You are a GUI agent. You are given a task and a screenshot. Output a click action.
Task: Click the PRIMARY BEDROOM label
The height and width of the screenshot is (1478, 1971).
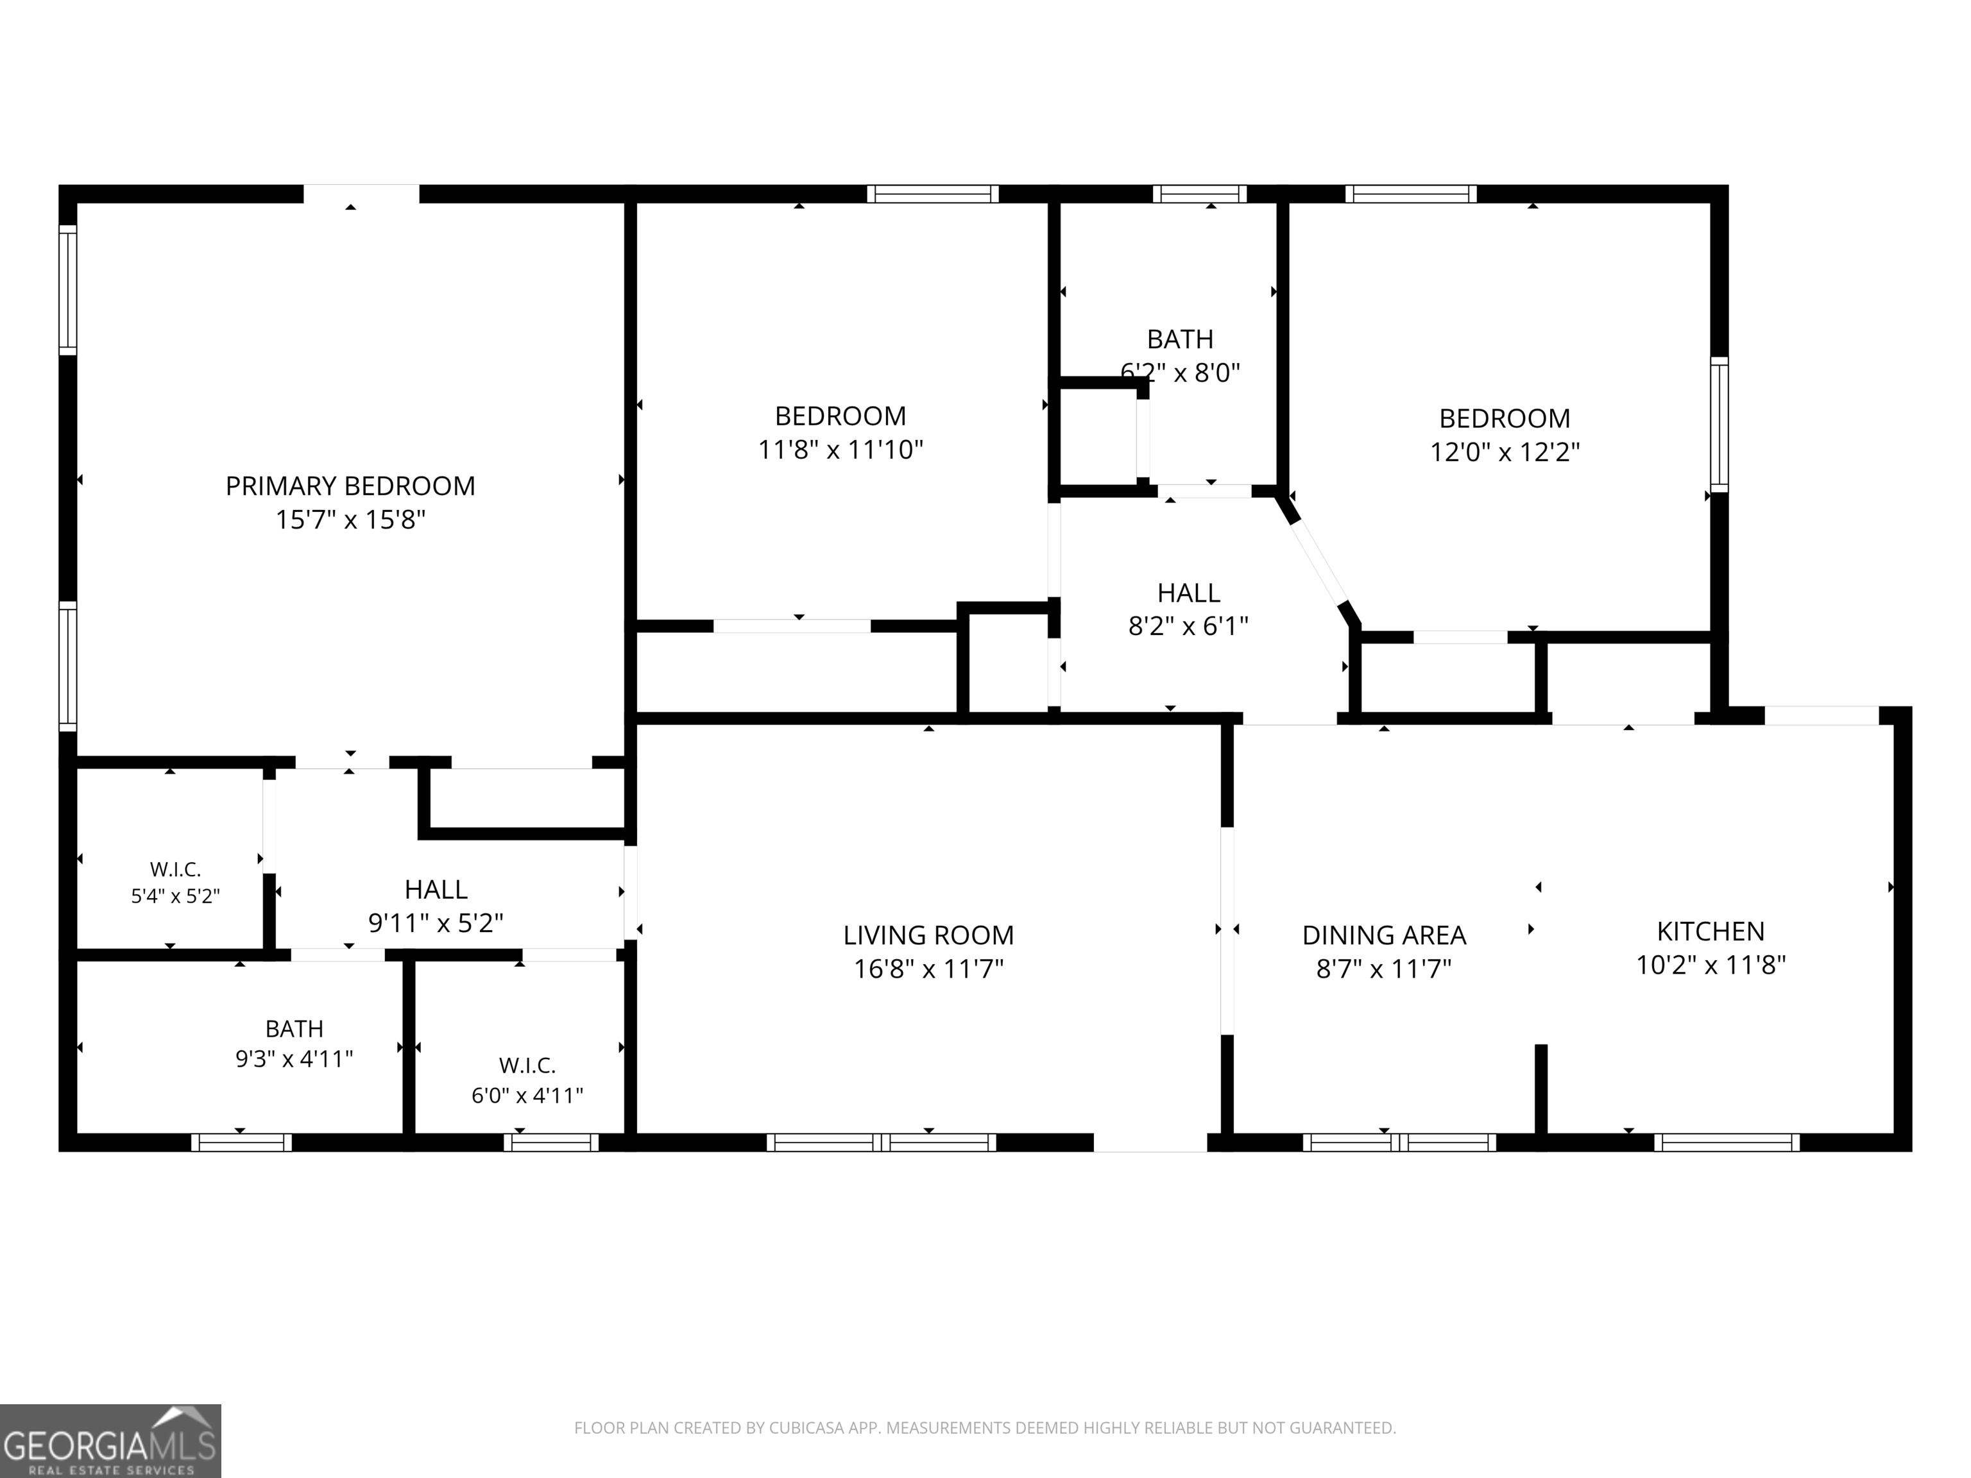tap(350, 486)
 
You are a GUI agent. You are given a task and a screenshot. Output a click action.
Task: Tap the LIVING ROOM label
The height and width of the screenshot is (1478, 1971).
tap(928, 935)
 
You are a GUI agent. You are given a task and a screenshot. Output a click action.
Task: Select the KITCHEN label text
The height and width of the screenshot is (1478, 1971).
tap(1710, 931)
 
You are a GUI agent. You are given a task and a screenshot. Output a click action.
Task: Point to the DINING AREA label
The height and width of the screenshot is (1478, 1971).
tap(1384, 935)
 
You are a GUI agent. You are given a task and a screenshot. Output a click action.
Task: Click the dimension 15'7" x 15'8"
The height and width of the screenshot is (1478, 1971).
tap(350, 520)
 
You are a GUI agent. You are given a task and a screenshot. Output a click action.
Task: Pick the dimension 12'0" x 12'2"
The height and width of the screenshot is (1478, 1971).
tap(1505, 452)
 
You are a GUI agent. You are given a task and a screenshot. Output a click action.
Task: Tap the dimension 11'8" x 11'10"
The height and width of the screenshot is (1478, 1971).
tap(840, 449)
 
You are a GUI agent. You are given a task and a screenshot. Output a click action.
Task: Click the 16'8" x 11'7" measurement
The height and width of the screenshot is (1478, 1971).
tap(928, 969)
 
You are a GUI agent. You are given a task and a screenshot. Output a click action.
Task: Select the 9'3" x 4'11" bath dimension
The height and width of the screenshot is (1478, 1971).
tap(294, 1058)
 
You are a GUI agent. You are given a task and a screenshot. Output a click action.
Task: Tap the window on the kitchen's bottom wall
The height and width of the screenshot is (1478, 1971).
tap(1727, 1142)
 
